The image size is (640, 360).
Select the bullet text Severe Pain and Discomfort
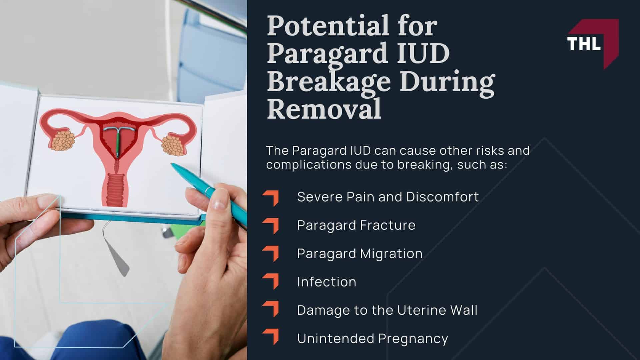388,197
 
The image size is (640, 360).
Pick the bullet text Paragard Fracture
356,225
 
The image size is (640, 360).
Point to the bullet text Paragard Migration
360,253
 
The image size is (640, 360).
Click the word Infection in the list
327,282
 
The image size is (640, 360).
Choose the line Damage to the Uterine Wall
387,310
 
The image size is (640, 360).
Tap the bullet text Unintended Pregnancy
372,339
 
